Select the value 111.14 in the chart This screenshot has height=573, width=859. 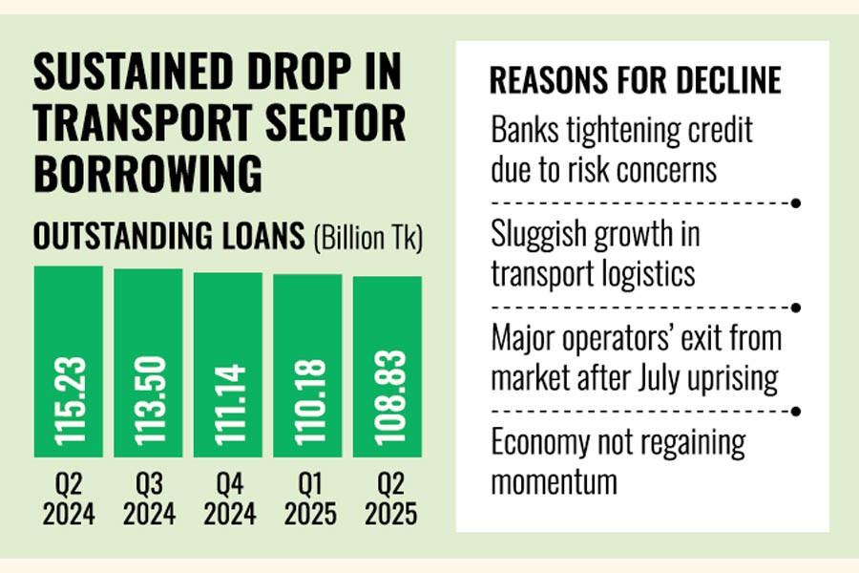point(228,401)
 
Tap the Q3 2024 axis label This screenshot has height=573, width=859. point(148,499)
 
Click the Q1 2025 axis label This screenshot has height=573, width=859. point(307,499)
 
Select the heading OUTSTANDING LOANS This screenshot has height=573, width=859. point(170,236)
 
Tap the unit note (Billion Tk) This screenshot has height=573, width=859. point(368,237)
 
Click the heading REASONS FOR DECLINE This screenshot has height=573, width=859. point(636,82)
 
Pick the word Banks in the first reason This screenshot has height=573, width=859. point(523,131)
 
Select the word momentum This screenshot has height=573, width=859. point(555,481)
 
